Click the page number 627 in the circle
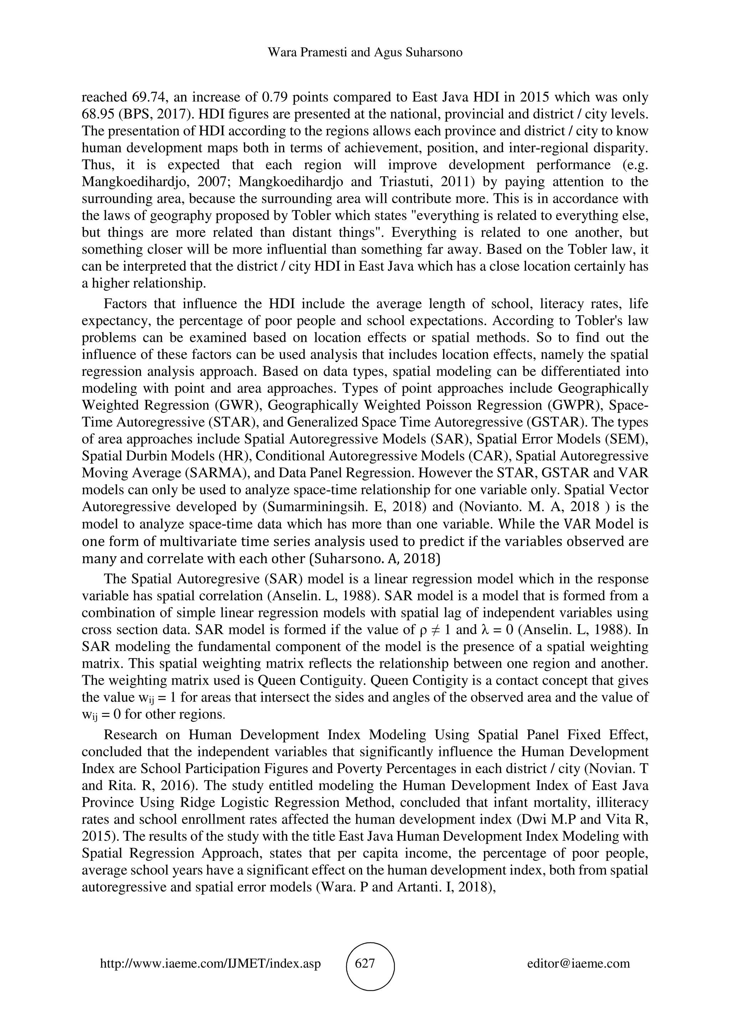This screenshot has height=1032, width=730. [365, 963]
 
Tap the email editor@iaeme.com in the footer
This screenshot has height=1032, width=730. [579, 963]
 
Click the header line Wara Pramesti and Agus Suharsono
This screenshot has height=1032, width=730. [365, 53]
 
